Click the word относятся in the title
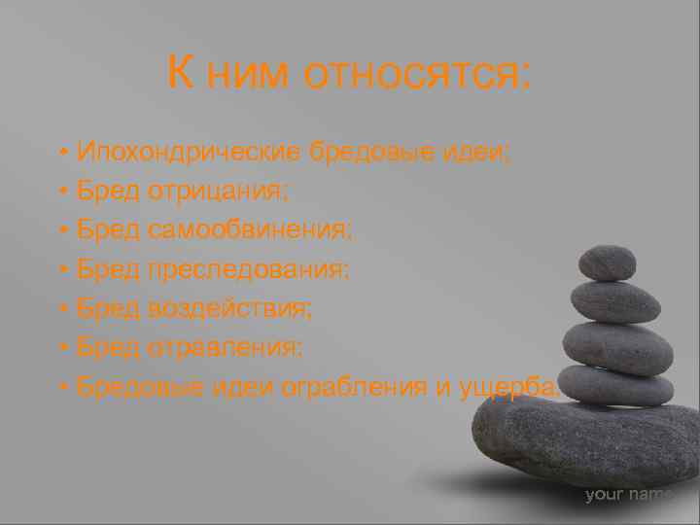click(418, 73)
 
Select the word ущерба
click(507, 386)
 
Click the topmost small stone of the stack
click(607, 262)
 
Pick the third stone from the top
click(617, 347)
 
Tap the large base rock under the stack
click(583, 437)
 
